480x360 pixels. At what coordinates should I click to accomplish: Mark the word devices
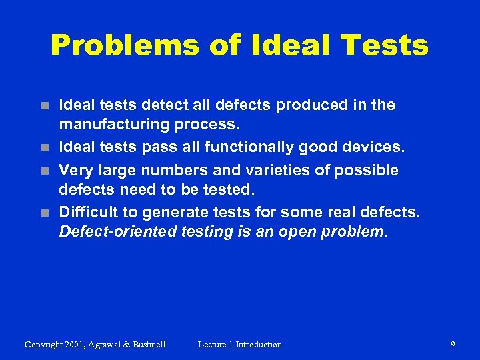373,148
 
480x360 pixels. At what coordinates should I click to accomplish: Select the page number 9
453,345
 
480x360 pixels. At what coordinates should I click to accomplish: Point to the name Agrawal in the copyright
109,345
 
